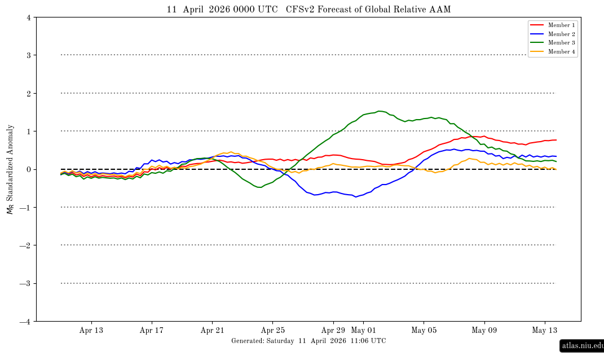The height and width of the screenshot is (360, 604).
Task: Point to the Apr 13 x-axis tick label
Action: pos(91,331)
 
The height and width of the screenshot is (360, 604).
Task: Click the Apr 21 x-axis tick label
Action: pos(212,331)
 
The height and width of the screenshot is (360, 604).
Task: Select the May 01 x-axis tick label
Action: pos(363,331)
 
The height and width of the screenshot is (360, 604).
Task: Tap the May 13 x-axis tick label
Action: pos(545,331)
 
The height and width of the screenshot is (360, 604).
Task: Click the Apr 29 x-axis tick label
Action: pos(333,331)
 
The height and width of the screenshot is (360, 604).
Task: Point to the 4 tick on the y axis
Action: pos(28,17)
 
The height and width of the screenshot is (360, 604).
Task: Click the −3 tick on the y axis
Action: pos(26,283)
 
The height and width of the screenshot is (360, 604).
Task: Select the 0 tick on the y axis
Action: pos(28,169)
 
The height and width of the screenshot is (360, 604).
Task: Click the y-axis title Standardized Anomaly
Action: pos(10,169)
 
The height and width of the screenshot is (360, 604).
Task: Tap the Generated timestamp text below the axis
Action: pos(308,341)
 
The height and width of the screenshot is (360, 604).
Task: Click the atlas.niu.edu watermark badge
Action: pos(582,345)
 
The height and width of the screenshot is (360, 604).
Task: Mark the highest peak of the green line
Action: pos(380,111)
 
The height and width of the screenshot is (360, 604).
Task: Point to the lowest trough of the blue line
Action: pos(355,196)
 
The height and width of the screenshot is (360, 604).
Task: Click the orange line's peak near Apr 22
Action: pos(231,152)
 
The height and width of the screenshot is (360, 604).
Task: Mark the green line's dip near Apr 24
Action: pos(259,187)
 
